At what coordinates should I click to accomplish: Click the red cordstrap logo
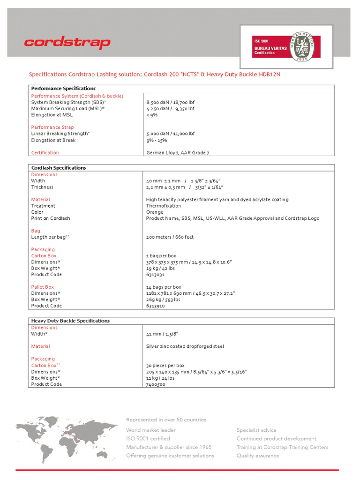[67, 43]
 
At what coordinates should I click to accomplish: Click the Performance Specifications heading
[63, 89]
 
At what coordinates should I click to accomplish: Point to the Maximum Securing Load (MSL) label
[68, 109]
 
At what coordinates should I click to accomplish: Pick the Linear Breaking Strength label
[60, 134]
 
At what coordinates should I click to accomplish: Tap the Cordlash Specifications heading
[59, 168]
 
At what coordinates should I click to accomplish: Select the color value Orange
[155, 212]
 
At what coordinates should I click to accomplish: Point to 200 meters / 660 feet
[170, 237]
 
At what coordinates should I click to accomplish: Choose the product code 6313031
[156, 275]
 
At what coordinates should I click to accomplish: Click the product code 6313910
[156, 306]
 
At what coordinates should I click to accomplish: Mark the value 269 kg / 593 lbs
[163, 300]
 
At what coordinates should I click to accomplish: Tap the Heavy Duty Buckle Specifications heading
[70, 321]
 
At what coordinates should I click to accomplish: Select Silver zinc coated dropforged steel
[185, 346]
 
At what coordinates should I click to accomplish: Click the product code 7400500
[156, 384]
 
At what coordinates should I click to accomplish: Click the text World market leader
[151, 430]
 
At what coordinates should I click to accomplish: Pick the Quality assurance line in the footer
[257, 456]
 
